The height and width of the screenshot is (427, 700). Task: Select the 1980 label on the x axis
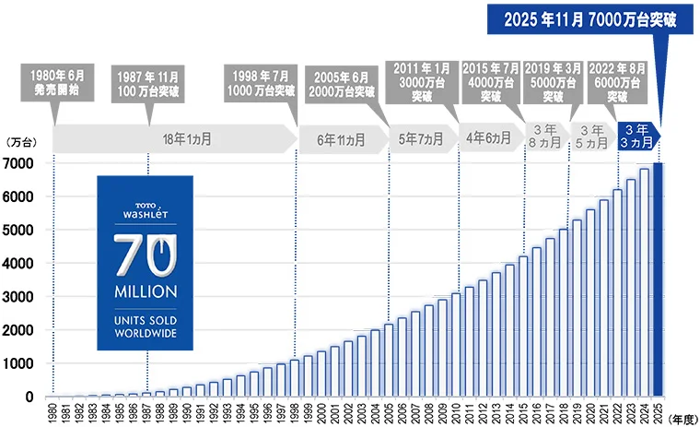(x=53, y=412)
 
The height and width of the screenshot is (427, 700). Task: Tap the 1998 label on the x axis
(x=295, y=412)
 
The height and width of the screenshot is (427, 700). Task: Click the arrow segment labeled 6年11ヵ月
(x=340, y=140)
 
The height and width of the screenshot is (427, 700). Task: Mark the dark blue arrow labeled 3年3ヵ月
(x=636, y=136)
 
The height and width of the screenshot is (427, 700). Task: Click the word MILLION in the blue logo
(x=146, y=291)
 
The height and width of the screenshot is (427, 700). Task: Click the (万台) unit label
(x=20, y=143)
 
